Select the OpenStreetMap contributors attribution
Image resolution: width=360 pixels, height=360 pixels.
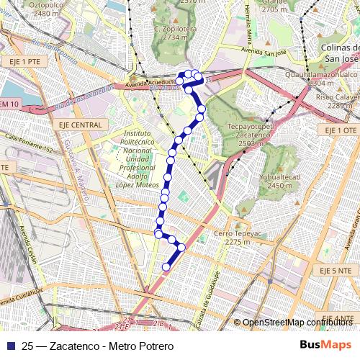297,323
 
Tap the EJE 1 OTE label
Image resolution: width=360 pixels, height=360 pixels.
340,130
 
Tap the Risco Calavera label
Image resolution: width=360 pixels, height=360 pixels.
335,101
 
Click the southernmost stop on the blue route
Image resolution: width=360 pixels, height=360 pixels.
166,267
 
